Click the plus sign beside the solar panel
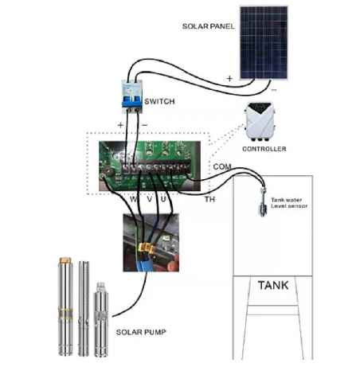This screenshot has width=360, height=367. pos(230,79)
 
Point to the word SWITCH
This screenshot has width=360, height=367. pos(162,102)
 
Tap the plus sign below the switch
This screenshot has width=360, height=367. pos(121,126)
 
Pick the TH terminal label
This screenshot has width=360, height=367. pos(210,198)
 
